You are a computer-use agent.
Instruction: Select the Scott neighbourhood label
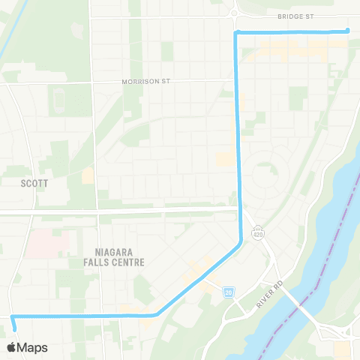tap(34, 181)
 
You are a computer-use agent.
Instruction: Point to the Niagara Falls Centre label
tap(119, 257)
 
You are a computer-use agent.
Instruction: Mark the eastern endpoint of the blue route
tap(348, 31)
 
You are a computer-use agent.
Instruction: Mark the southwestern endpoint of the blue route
tap(14, 328)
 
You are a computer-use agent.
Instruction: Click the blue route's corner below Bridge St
tap(237, 33)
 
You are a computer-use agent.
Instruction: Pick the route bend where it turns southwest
tap(239, 242)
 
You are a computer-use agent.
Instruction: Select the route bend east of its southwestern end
tap(155, 315)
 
